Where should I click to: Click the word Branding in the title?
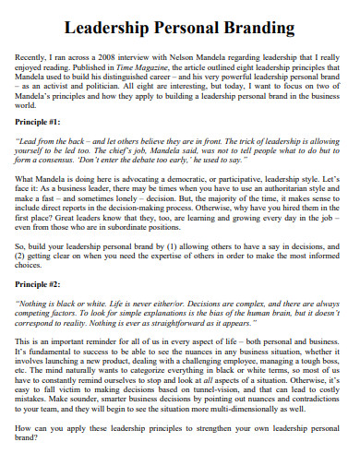[x=261, y=28]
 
